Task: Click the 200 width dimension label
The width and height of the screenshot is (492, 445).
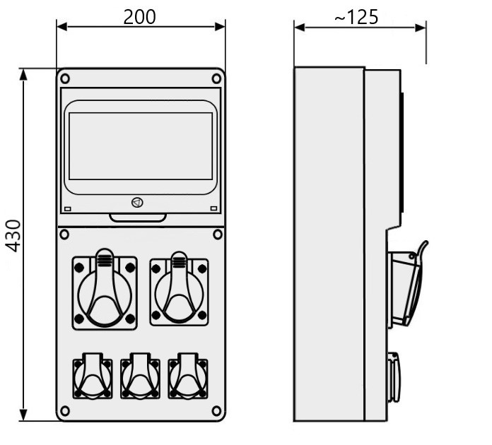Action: coord(139,17)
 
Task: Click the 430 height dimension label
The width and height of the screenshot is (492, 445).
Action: coord(13,236)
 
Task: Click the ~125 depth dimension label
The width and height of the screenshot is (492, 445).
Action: coord(356,17)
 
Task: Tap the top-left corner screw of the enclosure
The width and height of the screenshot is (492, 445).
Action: coord(65,78)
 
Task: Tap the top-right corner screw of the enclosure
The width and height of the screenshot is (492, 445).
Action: coord(216,78)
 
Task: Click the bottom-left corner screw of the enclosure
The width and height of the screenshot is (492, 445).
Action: coord(65,410)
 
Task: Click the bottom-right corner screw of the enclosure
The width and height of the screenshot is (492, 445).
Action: coord(216,410)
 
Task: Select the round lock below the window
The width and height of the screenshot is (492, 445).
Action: coord(137,203)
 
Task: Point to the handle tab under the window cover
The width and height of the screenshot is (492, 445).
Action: coord(138,218)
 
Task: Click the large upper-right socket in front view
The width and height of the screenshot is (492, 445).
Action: coord(179,289)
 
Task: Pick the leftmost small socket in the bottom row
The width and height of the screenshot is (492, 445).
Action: coord(93,376)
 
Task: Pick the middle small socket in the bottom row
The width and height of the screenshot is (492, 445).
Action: coord(140,376)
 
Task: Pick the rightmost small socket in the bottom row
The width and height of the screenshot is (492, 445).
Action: coord(188,376)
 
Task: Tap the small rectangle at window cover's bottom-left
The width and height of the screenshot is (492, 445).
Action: coord(68,209)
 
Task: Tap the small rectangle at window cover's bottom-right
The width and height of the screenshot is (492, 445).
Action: coord(213,208)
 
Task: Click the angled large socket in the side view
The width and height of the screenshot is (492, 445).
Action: coord(407,285)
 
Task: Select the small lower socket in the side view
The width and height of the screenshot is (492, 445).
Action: coord(394,377)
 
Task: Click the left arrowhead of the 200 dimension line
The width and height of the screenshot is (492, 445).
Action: coord(61,27)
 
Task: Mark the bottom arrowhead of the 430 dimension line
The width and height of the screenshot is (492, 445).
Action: coord(23,415)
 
